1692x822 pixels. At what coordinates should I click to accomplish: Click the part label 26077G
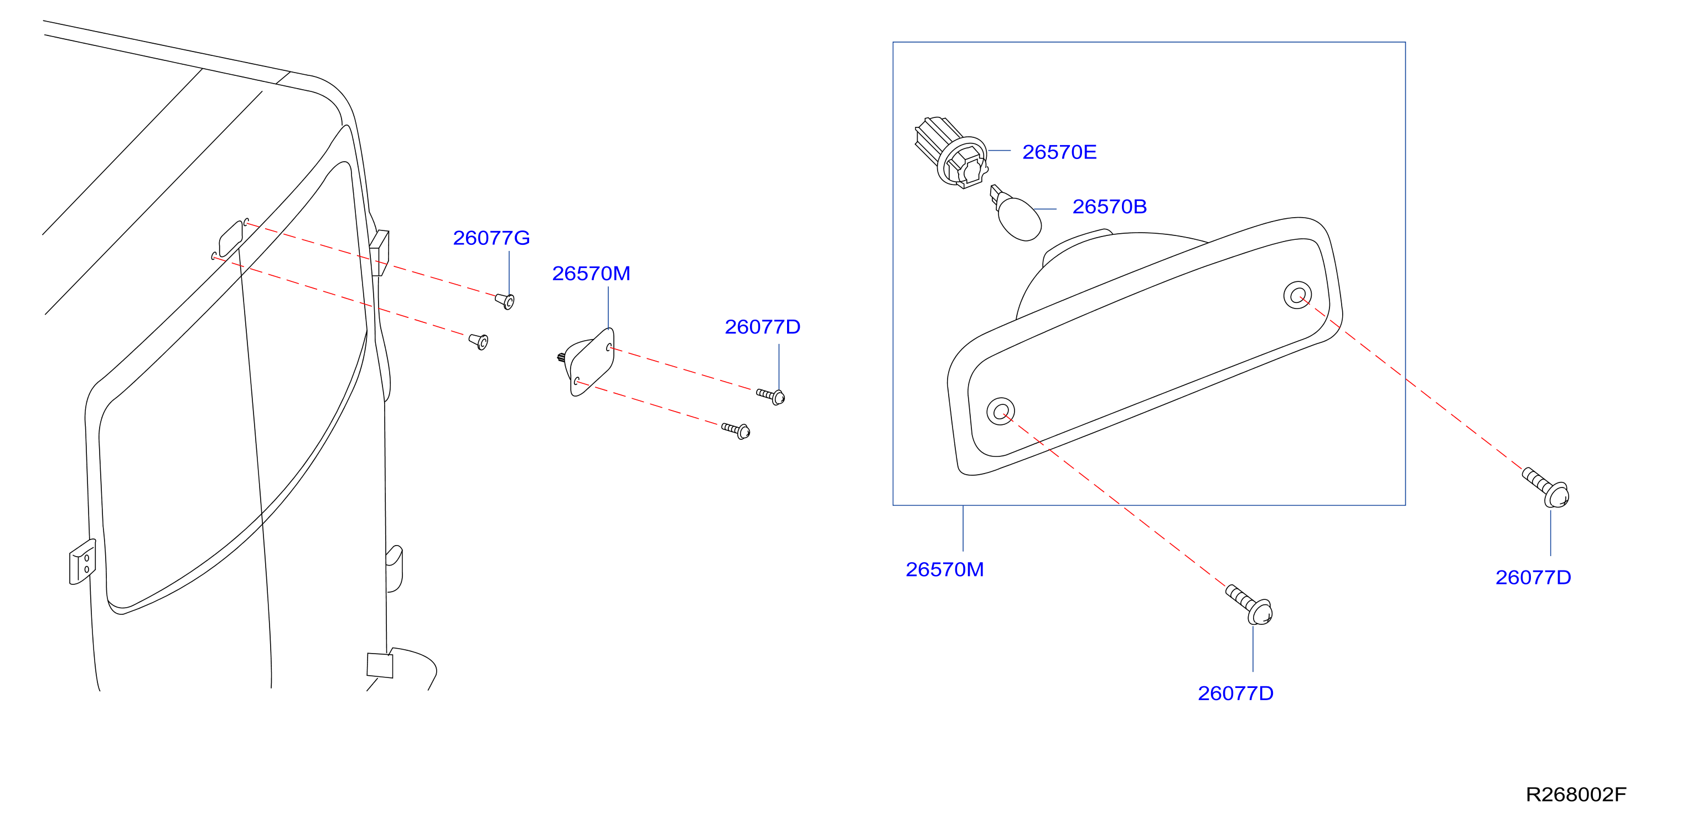coord(491,238)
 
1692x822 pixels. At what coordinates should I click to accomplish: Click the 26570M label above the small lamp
coord(591,273)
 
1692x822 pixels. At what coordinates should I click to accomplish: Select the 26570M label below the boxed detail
coord(945,569)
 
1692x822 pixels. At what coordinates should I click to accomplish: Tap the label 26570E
coord(1059,152)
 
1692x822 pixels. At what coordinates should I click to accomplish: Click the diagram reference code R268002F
coord(1576,794)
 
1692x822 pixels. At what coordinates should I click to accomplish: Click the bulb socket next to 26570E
coord(952,152)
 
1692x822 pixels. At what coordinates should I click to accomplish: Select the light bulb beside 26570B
coord(1016,214)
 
